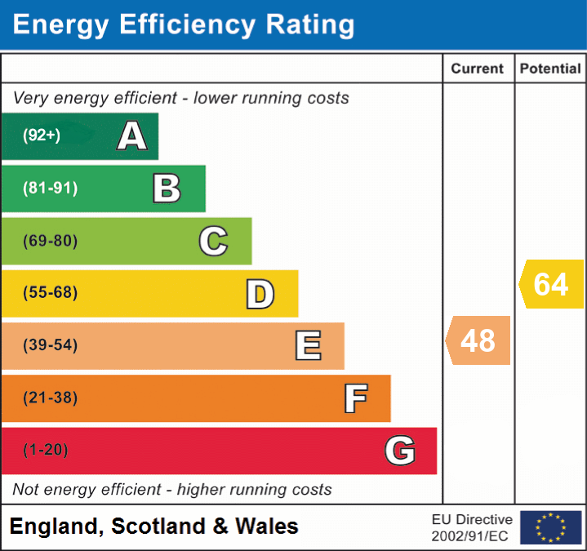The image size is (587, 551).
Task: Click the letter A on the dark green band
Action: coord(132,136)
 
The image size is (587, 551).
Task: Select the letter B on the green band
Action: coord(167,189)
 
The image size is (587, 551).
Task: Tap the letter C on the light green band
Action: coord(213,241)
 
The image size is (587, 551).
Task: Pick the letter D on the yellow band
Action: coord(260,294)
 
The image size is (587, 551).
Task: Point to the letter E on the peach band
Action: coord(308,346)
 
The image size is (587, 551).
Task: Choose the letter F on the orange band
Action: coord(355,398)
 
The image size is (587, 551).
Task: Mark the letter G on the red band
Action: coord(400,451)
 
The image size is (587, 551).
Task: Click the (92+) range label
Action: coord(42,136)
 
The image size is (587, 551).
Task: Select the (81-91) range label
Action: coord(51,189)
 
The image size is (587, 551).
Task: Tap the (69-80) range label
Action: coord(51,241)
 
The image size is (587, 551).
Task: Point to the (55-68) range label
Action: coord(51,293)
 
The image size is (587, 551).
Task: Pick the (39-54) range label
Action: coord(51,345)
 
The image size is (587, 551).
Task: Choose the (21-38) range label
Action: coord(51,398)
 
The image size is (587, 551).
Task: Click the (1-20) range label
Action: coord(46,451)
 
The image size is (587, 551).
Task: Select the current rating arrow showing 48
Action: coord(478,340)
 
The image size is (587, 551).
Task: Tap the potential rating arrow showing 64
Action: coord(551,284)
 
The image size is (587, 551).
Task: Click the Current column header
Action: coord(478,69)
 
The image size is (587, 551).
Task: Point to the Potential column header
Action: coord(550,69)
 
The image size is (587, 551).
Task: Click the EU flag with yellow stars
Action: coord(550,527)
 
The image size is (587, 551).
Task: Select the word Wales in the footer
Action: coord(267,527)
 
